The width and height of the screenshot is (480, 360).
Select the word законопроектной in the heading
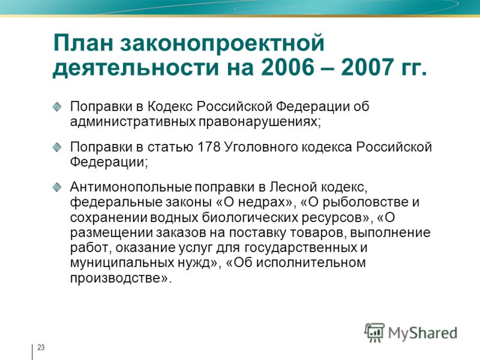point(222,44)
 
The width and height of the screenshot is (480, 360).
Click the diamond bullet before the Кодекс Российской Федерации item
point(57,107)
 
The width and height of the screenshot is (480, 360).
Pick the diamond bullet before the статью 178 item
point(57,147)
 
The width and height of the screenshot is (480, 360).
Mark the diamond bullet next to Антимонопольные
point(57,187)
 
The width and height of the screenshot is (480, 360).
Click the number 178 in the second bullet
point(209,146)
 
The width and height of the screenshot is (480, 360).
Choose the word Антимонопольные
point(131,187)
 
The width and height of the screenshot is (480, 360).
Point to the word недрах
point(264,202)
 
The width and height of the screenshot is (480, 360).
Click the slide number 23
point(41,347)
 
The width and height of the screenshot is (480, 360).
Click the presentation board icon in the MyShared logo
point(374,332)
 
